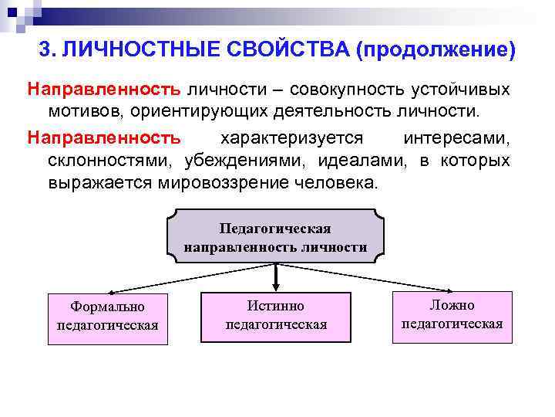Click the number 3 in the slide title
click(45, 50)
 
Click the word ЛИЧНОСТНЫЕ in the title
click(129, 50)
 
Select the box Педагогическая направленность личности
click(275, 238)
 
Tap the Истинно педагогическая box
click(275, 315)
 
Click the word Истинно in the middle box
click(275, 307)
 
